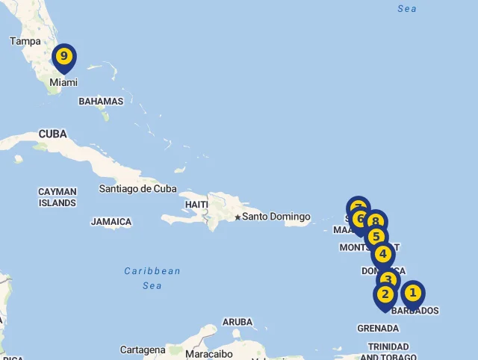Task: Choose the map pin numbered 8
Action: (376, 222)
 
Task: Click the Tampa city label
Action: (25, 41)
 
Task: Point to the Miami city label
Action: (63, 83)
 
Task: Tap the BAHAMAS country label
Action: (101, 101)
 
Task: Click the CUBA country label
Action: (52, 134)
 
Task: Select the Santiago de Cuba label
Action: (138, 189)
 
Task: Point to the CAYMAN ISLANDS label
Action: (58, 197)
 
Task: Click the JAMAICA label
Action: (111, 222)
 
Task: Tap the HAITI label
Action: (196, 205)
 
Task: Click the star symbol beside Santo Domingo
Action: (238, 217)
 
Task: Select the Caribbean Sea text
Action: (152, 278)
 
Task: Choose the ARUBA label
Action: (238, 323)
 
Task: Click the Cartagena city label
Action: (143, 350)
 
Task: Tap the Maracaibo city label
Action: (209, 354)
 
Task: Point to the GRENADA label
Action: (378, 328)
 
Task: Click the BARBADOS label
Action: (415, 311)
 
